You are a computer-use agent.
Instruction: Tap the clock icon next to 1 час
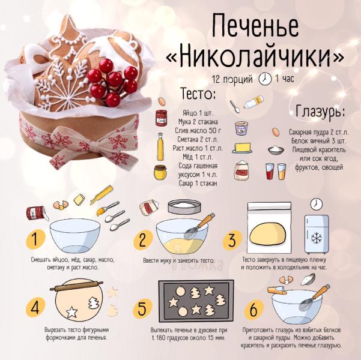coord(264,79)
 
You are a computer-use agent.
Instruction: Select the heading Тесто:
coord(198,94)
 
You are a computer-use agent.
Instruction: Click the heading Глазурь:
coord(320,112)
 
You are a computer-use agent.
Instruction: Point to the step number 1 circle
coord(35,240)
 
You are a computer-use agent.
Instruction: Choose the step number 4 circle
coord(35,308)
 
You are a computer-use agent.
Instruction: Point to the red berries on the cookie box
coord(112,79)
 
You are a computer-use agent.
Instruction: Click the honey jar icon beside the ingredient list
coord(160,173)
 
